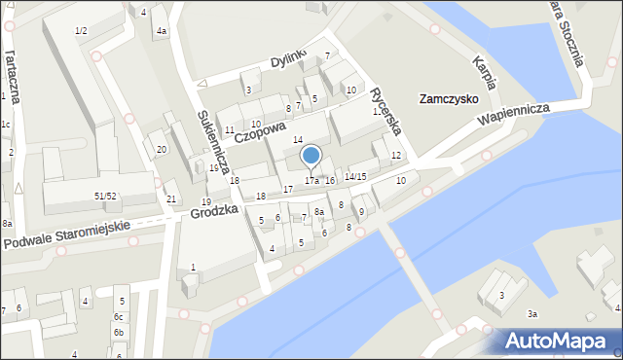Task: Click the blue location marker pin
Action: (x=311, y=156)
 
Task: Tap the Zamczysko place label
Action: (x=447, y=99)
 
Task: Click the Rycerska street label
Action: (x=385, y=112)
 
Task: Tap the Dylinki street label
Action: (x=288, y=60)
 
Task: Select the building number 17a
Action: (x=311, y=181)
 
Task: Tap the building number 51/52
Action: (x=105, y=197)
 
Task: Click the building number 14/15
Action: (x=354, y=176)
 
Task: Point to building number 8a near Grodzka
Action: (x=318, y=212)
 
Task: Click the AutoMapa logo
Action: (x=559, y=340)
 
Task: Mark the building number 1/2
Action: (x=81, y=31)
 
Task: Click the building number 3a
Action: (x=531, y=313)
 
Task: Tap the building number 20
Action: (x=162, y=149)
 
